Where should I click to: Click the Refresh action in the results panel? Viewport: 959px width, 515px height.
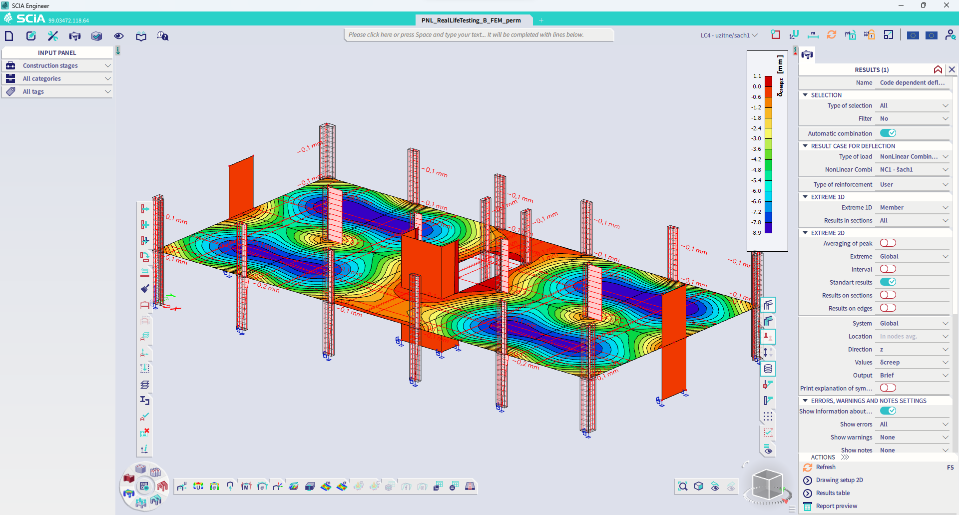[x=825, y=467]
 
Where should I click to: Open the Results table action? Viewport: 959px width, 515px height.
[x=833, y=493]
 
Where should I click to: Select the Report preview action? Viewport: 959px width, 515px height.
[x=836, y=506]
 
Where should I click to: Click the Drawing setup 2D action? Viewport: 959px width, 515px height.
[x=839, y=480]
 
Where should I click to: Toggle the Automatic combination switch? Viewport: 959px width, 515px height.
[x=888, y=133]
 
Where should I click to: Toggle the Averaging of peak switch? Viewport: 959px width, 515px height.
[x=888, y=243]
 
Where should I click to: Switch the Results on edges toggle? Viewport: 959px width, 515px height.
[x=888, y=308]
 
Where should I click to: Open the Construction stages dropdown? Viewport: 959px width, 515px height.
[x=57, y=65]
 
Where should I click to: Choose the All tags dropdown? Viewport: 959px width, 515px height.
[x=57, y=91]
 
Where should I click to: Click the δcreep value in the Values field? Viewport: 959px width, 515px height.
[x=890, y=362]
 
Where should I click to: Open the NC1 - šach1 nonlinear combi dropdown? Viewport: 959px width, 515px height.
[x=913, y=169]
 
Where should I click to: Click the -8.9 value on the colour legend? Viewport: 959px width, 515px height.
[x=756, y=233]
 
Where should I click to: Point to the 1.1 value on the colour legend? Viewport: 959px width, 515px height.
[x=757, y=76]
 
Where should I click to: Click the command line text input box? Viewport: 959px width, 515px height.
[x=479, y=35]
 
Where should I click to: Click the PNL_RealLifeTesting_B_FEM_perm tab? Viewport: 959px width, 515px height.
[x=471, y=20]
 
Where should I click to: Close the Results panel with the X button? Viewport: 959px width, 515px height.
[x=952, y=69]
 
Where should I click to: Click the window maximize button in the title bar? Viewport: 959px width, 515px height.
[x=924, y=5]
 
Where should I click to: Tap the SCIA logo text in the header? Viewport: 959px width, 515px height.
[x=30, y=19]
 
